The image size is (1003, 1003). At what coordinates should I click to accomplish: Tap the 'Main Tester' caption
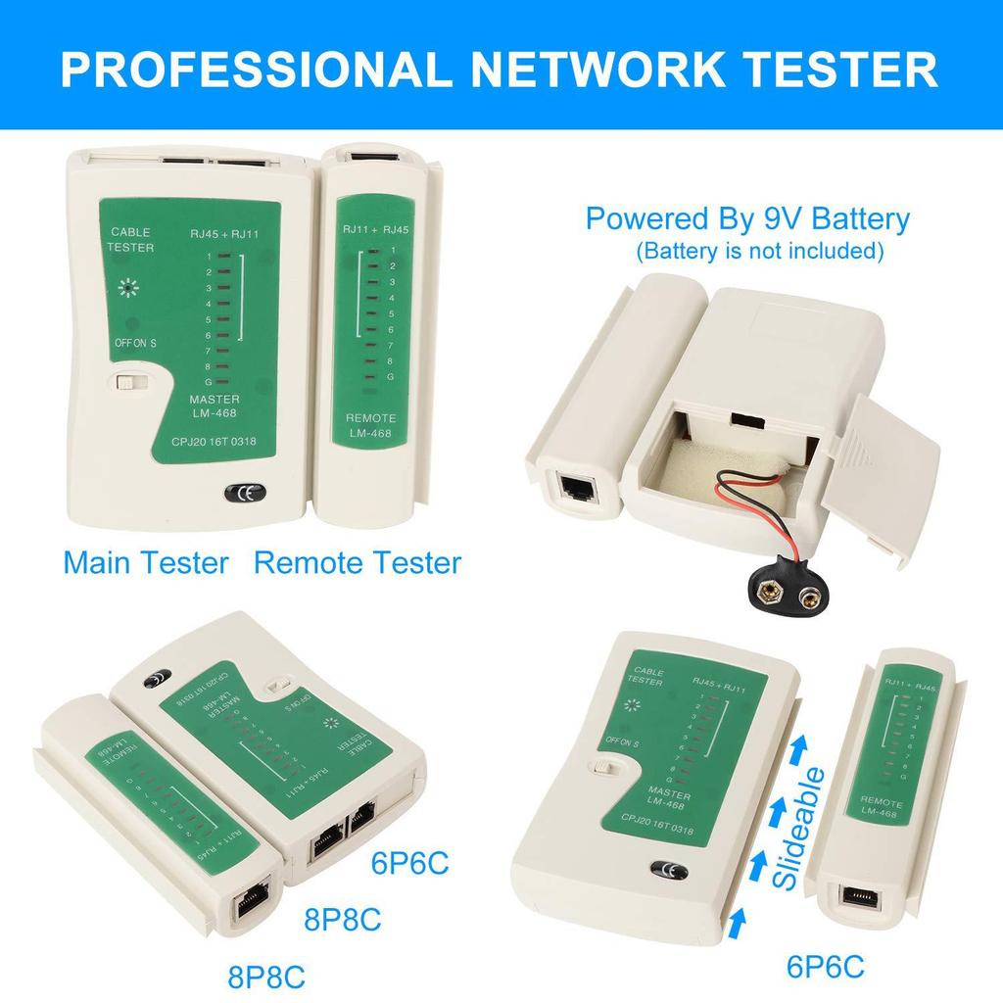point(146,563)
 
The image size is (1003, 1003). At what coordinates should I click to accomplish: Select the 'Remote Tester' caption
point(358,563)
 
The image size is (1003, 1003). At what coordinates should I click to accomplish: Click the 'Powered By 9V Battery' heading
point(747,218)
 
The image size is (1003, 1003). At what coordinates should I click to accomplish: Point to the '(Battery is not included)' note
point(759,252)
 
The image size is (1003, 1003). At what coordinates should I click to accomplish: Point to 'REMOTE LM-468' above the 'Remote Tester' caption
point(370,426)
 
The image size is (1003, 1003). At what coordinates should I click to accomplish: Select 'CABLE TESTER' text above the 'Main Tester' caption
point(131,240)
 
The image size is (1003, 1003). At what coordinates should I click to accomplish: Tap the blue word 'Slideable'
point(798,828)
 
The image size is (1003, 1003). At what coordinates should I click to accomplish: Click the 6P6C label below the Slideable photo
point(826,968)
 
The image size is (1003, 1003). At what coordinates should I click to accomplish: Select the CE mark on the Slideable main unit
point(669,870)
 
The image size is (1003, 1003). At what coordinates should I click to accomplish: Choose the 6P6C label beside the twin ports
point(410,864)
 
